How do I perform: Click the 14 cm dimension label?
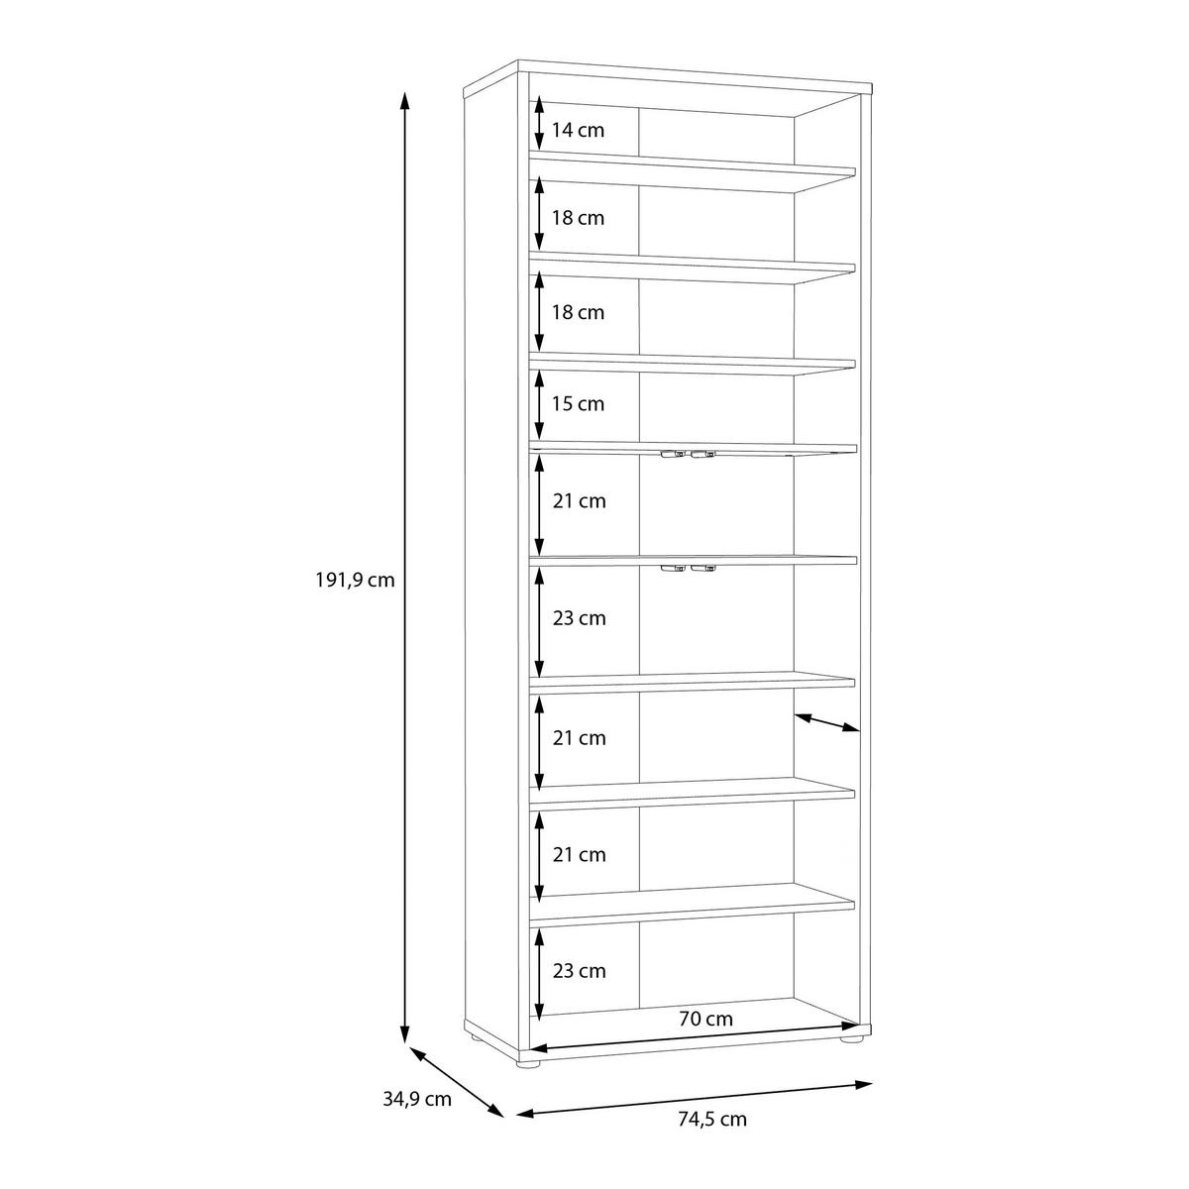pyautogui.click(x=578, y=130)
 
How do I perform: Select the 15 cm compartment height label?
pyautogui.click(x=578, y=403)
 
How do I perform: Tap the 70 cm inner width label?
pyautogui.click(x=705, y=1019)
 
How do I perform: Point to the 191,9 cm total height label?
pyautogui.click(x=355, y=580)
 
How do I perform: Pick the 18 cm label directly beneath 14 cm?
pyautogui.click(x=578, y=218)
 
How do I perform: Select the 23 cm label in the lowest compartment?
pyautogui.click(x=580, y=971)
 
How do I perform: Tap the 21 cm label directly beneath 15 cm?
pyautogui.click(x=580, y=501)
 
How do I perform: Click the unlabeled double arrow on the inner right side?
pyautogui.click(x=826, y=722)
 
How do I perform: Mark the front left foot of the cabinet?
pyautogui.click(x=528, y=1064)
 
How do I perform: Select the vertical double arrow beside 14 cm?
pyautogui.click(x=539, y=123)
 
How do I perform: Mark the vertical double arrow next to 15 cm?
pyautogui.click(x=539, y=404)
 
